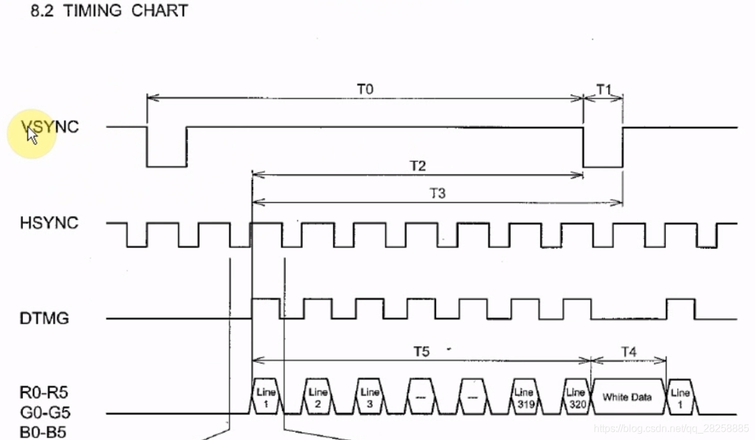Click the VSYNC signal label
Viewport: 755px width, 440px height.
(50, 127)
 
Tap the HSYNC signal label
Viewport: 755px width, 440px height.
(49, 223)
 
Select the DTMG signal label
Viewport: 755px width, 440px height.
(44, 318)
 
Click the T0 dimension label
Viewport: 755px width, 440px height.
(364, 89)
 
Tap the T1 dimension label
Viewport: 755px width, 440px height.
(603, 89)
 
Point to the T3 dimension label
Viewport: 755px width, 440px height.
(437, 193)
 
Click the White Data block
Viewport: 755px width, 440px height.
(627, 397)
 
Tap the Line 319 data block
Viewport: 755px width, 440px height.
(523, 397)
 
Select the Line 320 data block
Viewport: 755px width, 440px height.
(575, 397)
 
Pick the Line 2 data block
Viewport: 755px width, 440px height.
(317, 397)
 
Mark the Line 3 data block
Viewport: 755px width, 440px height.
(369, 397)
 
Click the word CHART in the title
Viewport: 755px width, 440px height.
(159, 11)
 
